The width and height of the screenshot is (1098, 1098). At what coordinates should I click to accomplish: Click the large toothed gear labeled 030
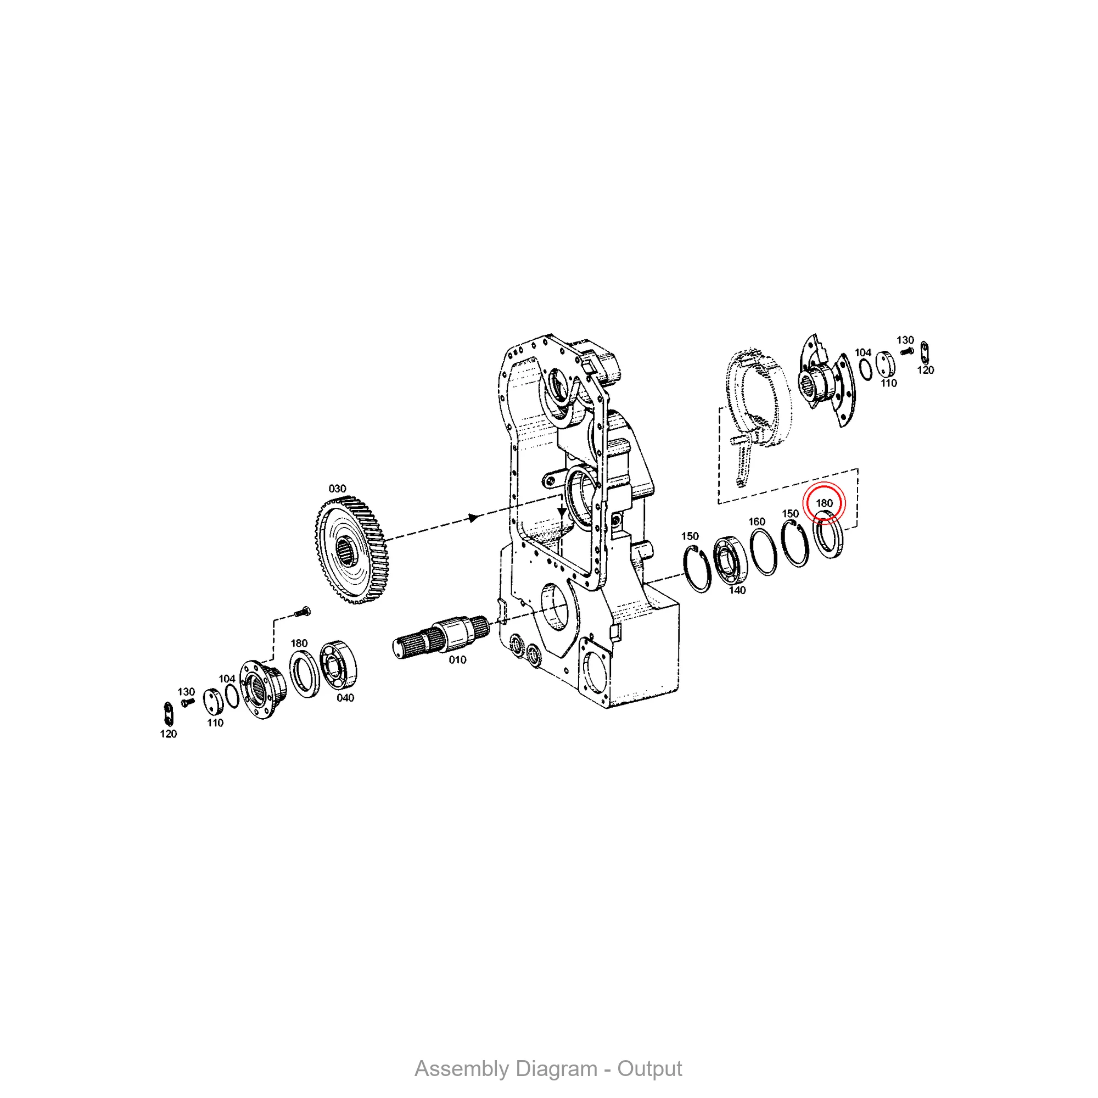click(352, 550)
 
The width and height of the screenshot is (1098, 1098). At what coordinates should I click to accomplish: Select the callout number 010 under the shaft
click(457, 660)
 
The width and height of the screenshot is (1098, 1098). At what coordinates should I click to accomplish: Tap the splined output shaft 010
click(441, 636)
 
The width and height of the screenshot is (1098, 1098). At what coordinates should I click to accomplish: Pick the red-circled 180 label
click(824, 503)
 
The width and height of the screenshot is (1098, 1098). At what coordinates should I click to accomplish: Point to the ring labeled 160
click(763, 552)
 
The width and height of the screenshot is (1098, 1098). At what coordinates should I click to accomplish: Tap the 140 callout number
click(737, 591)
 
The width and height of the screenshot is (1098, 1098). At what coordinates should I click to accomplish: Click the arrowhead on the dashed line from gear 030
click(473, 518)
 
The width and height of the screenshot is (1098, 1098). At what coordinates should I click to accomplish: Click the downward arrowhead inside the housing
click(562, 512)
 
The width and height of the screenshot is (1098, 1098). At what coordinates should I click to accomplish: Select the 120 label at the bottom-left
click(168, 734)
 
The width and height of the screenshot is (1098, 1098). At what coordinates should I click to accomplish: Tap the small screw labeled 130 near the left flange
click(188, 703)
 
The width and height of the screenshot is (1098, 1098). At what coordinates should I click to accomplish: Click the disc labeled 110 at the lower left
click(212, 703)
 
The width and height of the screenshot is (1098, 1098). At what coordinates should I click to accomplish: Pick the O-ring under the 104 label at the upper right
click(866, 370)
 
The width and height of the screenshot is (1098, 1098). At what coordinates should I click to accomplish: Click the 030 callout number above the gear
click(337, 489)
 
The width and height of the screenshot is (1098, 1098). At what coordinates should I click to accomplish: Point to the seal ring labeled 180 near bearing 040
click(305, 674)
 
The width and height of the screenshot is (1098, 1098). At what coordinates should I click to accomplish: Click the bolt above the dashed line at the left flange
click(302, 612)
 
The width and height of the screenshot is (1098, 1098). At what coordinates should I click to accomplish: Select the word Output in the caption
click(649, 1068)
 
